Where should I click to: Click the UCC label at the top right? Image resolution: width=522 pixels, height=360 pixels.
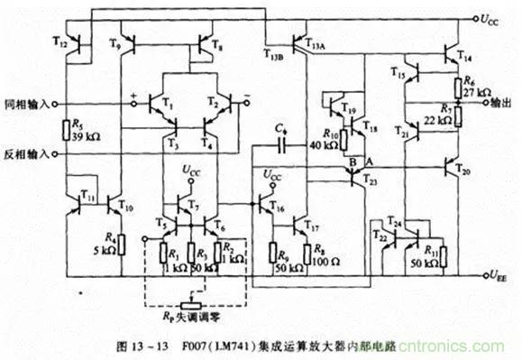pyautogui.click(x=489, y=16)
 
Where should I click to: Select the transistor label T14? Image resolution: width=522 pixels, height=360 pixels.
pyautogui.click(x=464, y=55)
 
